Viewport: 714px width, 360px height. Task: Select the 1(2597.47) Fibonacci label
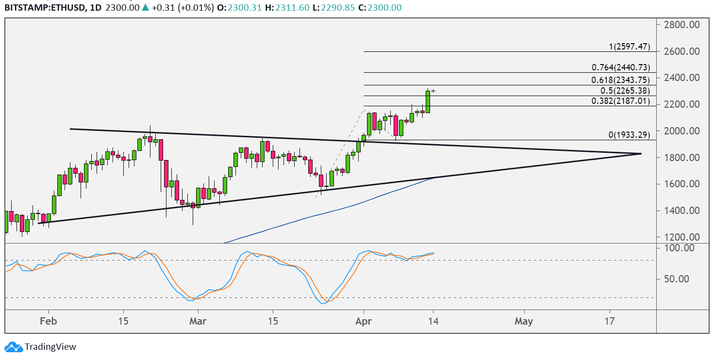(629, 47)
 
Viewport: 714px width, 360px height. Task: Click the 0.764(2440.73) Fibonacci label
(621, 68)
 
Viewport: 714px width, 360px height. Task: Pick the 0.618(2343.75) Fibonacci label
(621, 81)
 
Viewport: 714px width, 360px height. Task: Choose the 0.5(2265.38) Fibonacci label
(624, 91)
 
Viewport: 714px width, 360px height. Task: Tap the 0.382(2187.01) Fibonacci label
(621, 101)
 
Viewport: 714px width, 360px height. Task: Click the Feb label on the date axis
(49, 321)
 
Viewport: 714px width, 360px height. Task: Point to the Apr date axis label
(363, 321)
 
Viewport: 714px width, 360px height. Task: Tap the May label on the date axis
(524, 321)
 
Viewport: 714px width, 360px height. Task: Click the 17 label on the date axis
(610, 321)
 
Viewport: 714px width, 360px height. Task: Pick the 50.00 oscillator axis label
(678, 279)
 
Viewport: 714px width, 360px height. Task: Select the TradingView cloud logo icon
(14, 347)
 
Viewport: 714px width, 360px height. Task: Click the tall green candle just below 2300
(428, 102)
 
